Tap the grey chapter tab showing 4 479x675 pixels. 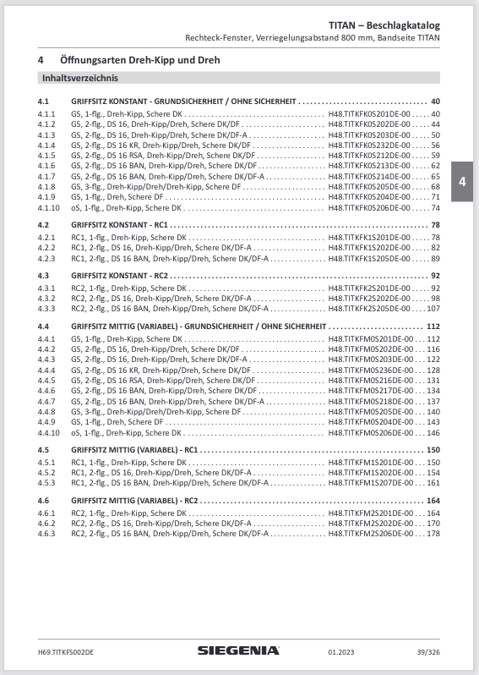pyautogui.click(x=462, y=182)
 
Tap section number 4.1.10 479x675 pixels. pyautogui.click(x=49, y=207)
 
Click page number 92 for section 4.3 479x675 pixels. pyautogui.click(x=436, y=276)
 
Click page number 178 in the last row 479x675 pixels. pyautogui.click(x=434, y=534)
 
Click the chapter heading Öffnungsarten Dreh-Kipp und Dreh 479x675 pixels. pyautogui.click(x=140, y=60)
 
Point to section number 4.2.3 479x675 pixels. pyautogui.click(x=46, y=258)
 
